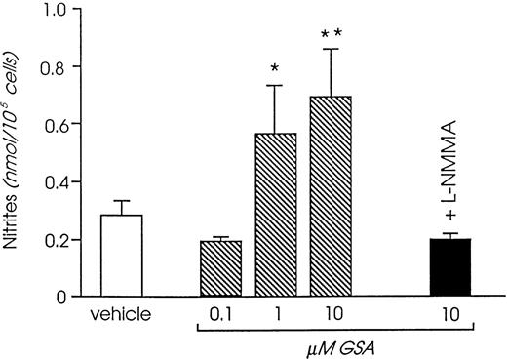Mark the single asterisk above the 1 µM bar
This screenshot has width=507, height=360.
(276, 69)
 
